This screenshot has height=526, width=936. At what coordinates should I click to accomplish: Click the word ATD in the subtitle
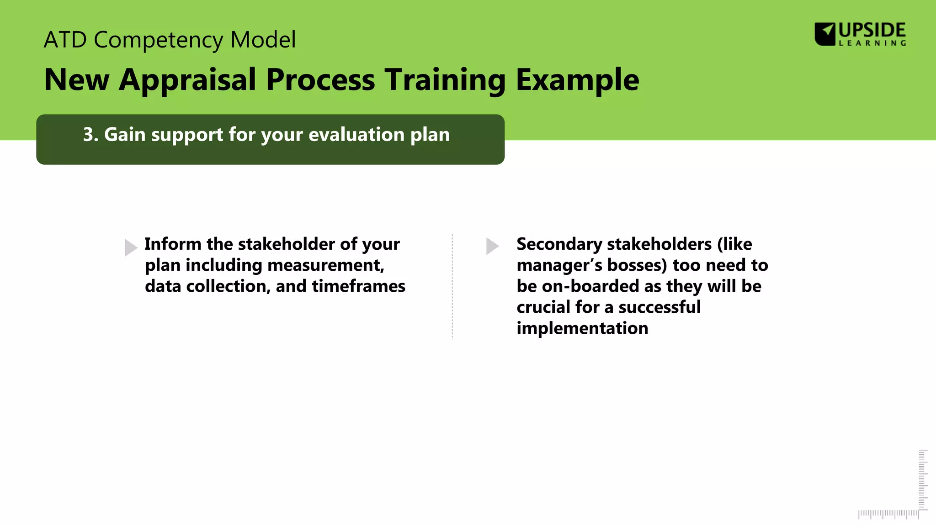[65, 40]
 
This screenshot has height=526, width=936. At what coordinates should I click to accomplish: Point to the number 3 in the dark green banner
[88, 135]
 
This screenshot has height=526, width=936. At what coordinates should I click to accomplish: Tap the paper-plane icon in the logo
[825, 34]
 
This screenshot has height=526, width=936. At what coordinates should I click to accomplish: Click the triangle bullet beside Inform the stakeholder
[131, 247]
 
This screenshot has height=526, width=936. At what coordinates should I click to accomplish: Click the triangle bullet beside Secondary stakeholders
[492, 246]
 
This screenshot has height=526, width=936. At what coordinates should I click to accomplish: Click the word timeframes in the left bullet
[358, 286]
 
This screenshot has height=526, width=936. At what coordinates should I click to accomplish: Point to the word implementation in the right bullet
[582, 328]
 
